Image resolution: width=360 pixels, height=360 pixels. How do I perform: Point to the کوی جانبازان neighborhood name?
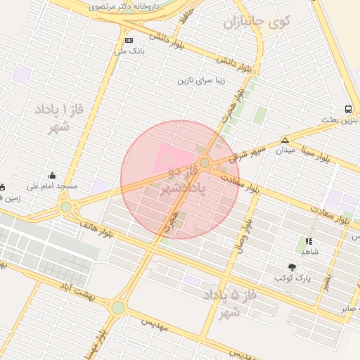(257, 22)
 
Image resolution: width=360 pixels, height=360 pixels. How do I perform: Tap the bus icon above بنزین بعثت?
(348, 109)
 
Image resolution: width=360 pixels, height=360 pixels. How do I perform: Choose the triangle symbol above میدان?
(285, 139)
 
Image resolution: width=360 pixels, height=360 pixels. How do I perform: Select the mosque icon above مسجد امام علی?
(52, 175)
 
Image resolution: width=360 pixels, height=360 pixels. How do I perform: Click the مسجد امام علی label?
(52, 186)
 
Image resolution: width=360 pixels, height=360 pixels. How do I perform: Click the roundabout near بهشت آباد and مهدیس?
(117, 307)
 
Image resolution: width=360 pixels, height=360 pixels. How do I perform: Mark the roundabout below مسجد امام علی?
(66, 207)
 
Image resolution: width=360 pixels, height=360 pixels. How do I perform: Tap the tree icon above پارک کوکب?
(292, 267)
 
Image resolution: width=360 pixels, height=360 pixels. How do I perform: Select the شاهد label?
(309, 251)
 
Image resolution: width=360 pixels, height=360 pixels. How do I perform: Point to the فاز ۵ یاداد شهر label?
(226, 303)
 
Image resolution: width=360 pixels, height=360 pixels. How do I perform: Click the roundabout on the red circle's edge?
(205, 163)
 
